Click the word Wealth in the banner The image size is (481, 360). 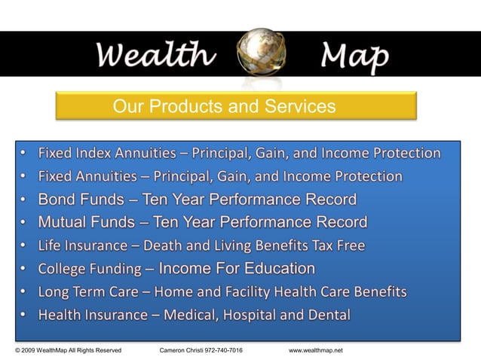coord(155,54)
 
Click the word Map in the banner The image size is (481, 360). coord(354,54)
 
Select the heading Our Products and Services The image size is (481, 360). coord(224,107)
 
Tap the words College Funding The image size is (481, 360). coord(90,269)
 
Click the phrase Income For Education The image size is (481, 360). coord(237,269)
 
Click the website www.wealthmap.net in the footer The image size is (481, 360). coord(316,351)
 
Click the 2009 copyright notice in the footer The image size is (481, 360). coord(69,351)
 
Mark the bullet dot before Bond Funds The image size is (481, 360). coord(23,200)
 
